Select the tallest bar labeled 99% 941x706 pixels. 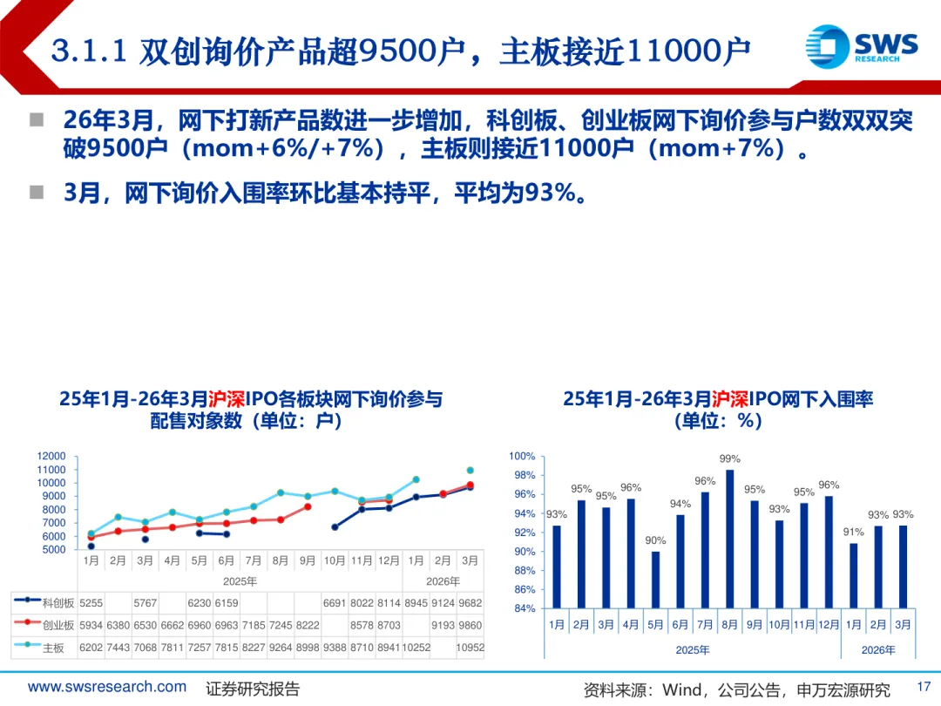coord(729,539)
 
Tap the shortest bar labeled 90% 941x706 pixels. coord(655,580)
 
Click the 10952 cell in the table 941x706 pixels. coord(470,648)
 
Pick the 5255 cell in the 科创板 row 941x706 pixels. coord(91,602)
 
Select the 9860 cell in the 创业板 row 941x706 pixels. coord(470,625)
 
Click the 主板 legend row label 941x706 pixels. coord(53,648)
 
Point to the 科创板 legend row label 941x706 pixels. coord(58,602)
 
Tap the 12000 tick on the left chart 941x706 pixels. coord(51,456)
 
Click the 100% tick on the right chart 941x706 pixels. coord(522,457)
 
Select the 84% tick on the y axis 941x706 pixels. coord(525,608)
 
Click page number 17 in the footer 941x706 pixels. coord(924,687)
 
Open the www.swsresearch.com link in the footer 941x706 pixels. coord(107,687)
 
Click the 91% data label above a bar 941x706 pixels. coord(854,532)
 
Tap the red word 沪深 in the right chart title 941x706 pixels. coord(730,399)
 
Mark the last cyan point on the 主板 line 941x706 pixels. coord(470,470)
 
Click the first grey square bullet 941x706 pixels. coord(36,119)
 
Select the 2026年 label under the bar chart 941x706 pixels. coord(877,650)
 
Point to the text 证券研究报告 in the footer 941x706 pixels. coord(253,689)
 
